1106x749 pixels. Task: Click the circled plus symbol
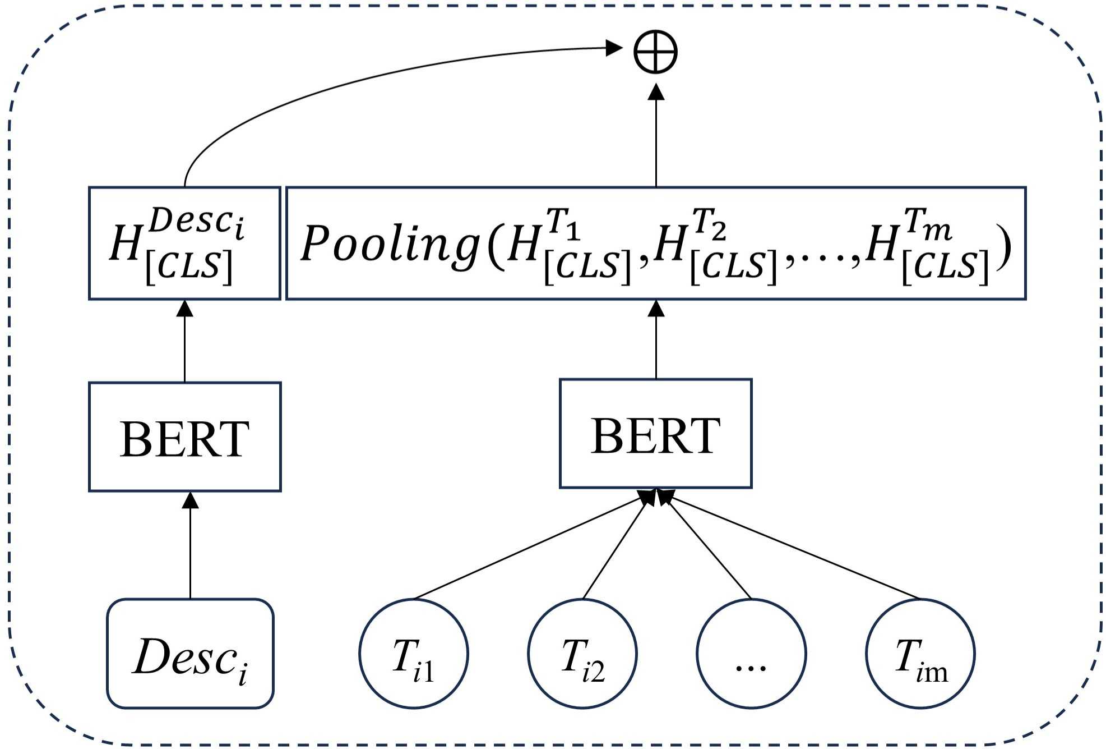point(655,52)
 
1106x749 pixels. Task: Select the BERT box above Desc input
point(184,437)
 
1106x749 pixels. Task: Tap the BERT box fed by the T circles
point(655,434)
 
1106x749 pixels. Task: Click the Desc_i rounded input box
point(190,654)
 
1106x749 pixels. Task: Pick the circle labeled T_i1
point(414,654)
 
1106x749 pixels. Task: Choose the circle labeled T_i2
point(582,654)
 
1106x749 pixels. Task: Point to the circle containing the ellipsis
point(751,654)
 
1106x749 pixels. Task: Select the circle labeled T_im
point(920,654)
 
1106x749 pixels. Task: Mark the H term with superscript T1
point(566,246)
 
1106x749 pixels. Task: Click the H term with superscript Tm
point(925,246)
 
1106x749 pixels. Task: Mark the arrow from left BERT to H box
point(184,342)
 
